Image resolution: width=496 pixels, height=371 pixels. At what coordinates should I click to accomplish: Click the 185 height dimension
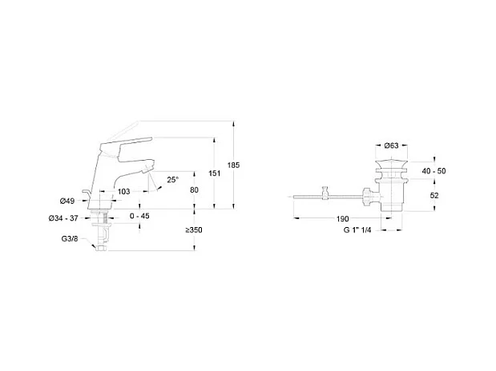click(233, 165)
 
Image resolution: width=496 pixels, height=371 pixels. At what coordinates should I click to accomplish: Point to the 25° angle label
click(173, 180)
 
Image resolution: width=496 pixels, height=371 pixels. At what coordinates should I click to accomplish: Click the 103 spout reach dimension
click(124, 192)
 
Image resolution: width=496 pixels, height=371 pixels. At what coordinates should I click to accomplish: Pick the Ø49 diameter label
click(67, 201)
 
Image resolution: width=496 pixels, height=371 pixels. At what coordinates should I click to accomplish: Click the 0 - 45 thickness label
click(139, 216)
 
